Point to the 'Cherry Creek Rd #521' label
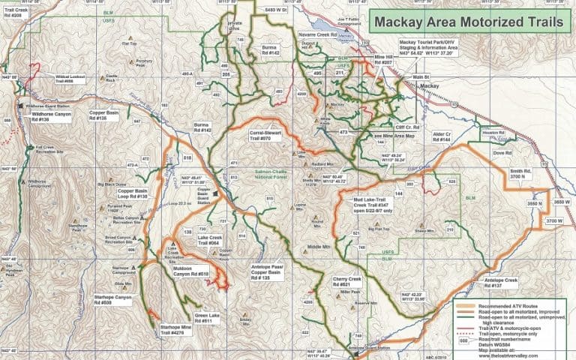[x=347, y=283]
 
